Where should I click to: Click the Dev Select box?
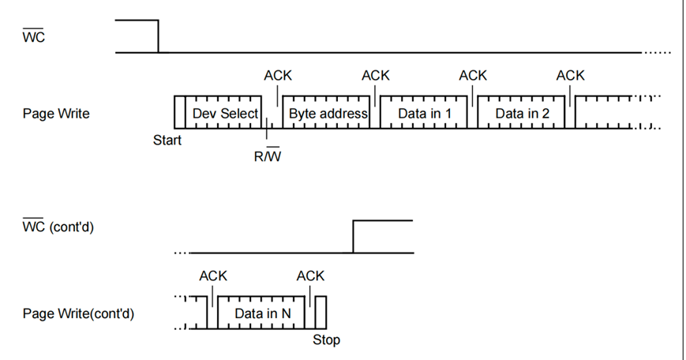pyautogui.click(x=226, y=114)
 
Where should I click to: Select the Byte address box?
pyautogui.click(x=328, y=114)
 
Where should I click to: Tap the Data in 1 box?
pyautogui.click(x=425, y=114)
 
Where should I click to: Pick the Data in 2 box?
pyautogui.click(x=522, y=114)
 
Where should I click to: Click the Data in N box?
pyautogui.click(x=263, y=313)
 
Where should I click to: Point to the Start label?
pyautogui.click(x=167, y=141)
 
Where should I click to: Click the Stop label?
pyautogui.click(x=326, y=340)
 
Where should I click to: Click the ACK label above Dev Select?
pyautogui.click(x=278, y=76)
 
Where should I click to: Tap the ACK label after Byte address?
pyautogui.click(x=376, y=76)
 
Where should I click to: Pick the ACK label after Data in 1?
pyautogui.click(x=473, y=76)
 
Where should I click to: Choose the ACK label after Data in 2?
pyautogui.click(x=570, y=76)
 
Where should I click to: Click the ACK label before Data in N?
pyautogui.click(x=213, y=276)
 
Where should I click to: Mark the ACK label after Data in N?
pyautogui.click(x=310, y=276)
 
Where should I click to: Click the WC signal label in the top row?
pyautogui.click(x=35, y=37)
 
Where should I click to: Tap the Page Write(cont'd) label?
pyautogui.click(x=78, y=313)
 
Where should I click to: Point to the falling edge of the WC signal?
pyautogui.click(x=159, y=36)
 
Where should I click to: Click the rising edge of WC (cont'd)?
pyautogui.click(x=353, y=237)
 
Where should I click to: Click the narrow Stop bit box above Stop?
pyautogui.click(x=321, y=313)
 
